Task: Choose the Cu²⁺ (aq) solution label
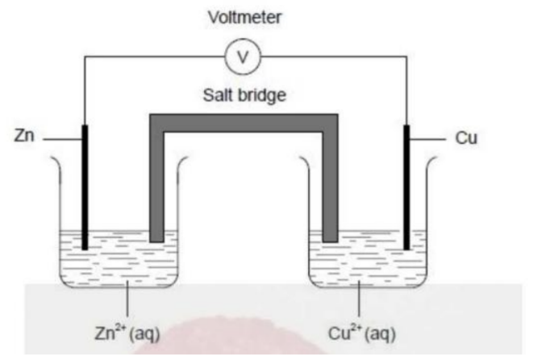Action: point(360,331)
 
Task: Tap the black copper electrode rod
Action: point(407,186)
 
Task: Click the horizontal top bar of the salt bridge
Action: point(244,123)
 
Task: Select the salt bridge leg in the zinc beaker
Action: point(156,186)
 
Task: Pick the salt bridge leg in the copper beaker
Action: point(330,186)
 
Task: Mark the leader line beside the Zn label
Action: point(60,140)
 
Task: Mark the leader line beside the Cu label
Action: point(428,140)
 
